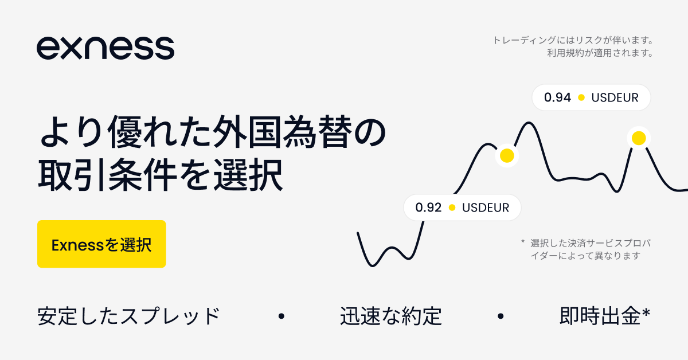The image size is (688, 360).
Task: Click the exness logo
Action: click(105, 48)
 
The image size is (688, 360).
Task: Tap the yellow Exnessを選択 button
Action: click(101, 244)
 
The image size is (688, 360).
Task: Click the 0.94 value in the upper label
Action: click(557, 97)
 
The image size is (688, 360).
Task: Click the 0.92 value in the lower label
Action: click(428, 208)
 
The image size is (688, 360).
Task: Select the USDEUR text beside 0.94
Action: click(615, 97)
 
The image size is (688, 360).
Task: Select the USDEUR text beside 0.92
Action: click(486, 208)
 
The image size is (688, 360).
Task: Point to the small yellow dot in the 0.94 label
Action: click(581, 97)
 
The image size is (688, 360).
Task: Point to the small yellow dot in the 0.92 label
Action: click(452, 208)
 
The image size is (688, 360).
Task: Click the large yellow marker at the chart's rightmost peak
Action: click(639, 138)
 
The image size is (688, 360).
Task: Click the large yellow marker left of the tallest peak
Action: click(507, 155)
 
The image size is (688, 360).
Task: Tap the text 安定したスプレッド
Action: click(128, 316)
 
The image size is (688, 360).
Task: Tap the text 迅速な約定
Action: click(390, 316)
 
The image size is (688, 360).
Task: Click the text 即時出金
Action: click(600, 316)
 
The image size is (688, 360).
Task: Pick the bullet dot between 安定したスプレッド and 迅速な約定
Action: click(281, 316)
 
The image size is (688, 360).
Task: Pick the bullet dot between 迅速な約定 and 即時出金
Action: click(501, 316)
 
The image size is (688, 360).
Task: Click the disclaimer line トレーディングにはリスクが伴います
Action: click(573, 40)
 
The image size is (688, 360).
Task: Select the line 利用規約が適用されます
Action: click(600, 53)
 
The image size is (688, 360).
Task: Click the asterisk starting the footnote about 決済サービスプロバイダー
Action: click(523, 242)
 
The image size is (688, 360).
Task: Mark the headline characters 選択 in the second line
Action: click(248, 175)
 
